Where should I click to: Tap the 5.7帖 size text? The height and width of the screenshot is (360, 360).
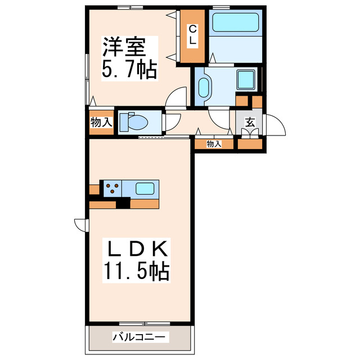(129, 70)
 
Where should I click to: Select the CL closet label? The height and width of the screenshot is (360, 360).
(192, 35)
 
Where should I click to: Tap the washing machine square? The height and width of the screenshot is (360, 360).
(245, 79)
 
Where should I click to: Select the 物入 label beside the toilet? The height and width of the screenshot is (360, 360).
(101, 121)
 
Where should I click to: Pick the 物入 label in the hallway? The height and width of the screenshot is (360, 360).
(214, 144)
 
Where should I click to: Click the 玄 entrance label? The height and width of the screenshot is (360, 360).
(249, 121)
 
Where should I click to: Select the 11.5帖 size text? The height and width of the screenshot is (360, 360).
(136, 272)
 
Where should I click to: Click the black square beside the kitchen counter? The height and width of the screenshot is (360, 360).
(123, 204)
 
